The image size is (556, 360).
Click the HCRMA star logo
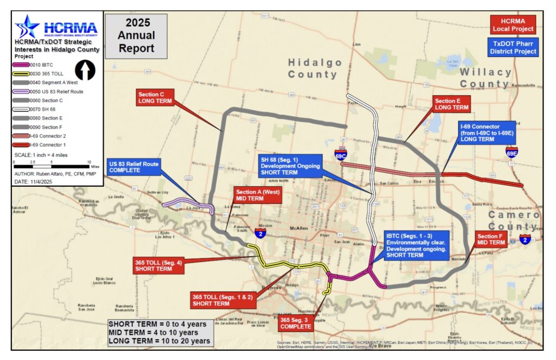pos(27,27)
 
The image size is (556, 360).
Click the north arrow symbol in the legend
pos(84,70)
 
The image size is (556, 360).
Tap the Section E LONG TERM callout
pos(451,104)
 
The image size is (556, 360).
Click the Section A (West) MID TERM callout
pos(257,195)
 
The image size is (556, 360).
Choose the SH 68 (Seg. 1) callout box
pos(290,165)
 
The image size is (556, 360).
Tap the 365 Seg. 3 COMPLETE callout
pos(296,324)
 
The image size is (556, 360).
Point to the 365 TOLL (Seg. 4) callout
pos(158,265)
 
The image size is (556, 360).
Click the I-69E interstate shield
pos(511,151)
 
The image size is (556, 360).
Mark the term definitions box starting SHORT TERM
pos(158,332)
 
